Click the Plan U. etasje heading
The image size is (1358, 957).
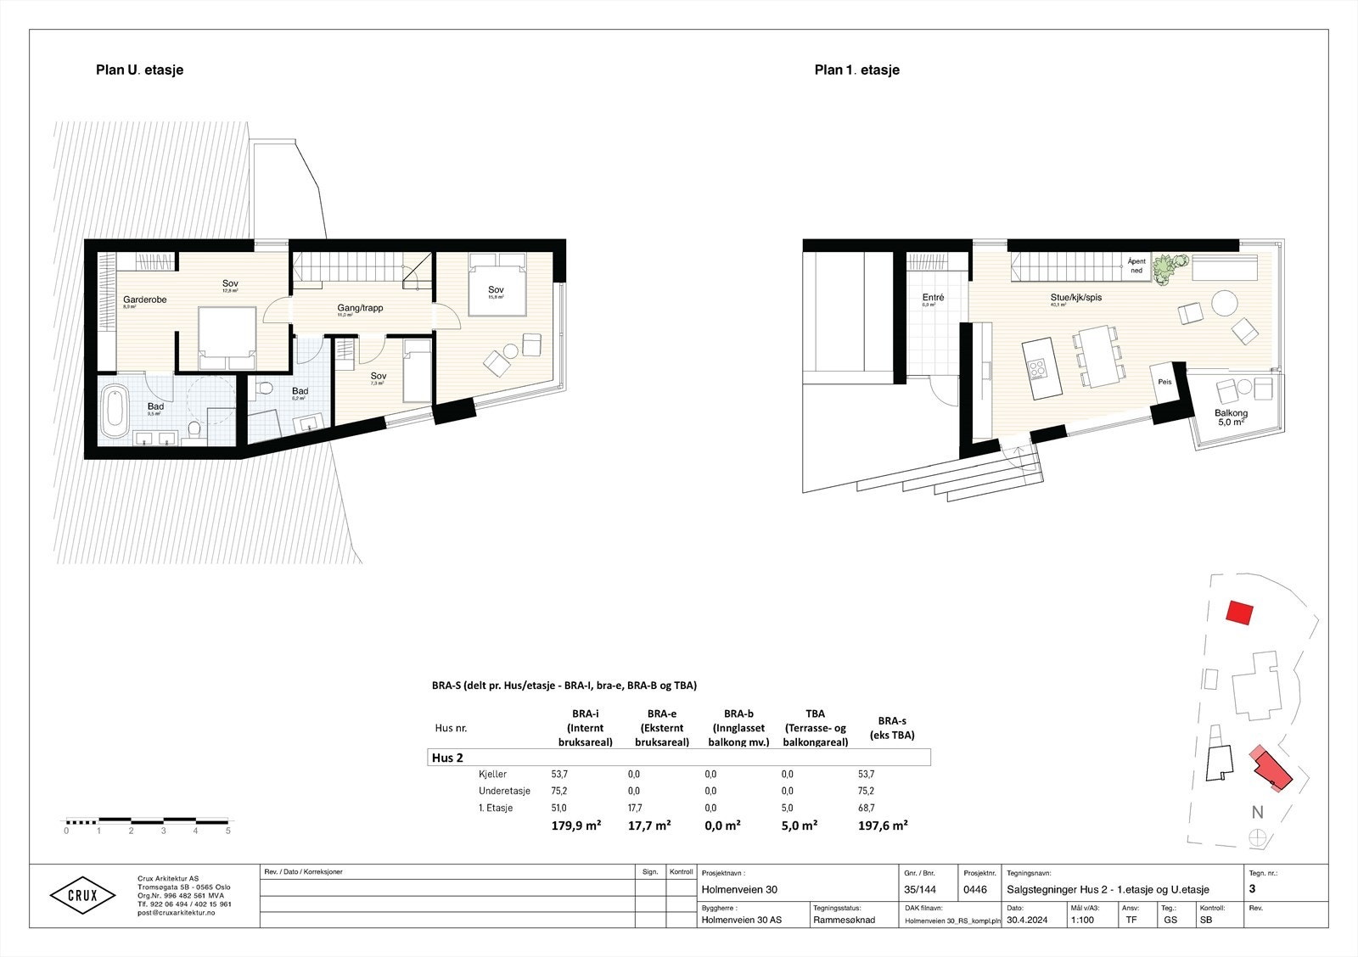coord(139,70)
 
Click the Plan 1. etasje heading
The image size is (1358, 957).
coord(856,70)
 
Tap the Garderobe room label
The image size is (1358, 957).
coord(144,300)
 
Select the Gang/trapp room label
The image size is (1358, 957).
coord(360,308)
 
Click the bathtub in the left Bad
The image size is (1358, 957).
coord(113,410)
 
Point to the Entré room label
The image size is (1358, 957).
coord(933,298)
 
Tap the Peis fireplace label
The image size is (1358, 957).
coord(1164,383)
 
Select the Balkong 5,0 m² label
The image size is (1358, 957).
coord(1230,417)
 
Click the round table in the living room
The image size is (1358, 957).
coord(1224,303)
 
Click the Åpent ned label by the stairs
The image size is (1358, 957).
coord(1136,266)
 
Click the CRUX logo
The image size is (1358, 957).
coord(81,895)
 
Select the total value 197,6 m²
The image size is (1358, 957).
coord(884,825)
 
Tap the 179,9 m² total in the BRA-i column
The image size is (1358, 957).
coord(576,825)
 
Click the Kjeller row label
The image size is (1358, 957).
coord(492,774)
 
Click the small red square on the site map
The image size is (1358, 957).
coord(1240,613)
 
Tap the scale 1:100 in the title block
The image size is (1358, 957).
coord(1082,919)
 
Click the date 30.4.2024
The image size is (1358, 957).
coord(1028,919)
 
